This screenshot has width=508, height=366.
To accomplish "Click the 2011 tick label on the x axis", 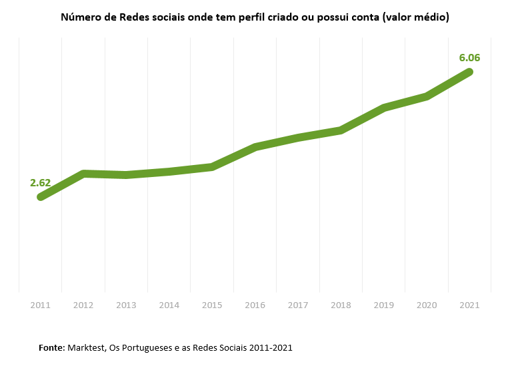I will [40, 305].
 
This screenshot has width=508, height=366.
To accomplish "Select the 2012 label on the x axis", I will [83, 305].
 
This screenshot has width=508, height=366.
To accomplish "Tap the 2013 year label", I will [126, 305].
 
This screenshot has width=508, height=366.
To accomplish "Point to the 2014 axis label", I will [169, 305].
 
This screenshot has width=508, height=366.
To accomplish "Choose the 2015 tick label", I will [212, 305].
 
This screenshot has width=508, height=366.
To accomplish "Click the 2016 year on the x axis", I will [255, 305].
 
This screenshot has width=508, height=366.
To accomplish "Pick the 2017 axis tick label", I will [298, 305].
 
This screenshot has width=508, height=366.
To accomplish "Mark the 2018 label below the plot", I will [341, 305].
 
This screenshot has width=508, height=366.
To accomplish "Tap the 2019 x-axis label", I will [384, 305].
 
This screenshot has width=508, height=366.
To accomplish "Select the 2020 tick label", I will [427, 305].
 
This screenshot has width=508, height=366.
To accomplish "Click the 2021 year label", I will [470, 305].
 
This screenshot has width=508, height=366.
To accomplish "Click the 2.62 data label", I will [40, 182].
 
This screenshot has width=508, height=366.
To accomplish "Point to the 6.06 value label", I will [469, 58].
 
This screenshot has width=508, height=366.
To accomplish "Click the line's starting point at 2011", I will [41, 197].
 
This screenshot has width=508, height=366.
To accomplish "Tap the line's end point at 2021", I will [469, 72].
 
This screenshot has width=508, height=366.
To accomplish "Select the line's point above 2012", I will [83, 174].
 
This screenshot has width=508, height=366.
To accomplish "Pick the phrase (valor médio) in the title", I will [415, 17].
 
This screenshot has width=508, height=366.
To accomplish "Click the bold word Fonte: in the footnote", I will [51, 348].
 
